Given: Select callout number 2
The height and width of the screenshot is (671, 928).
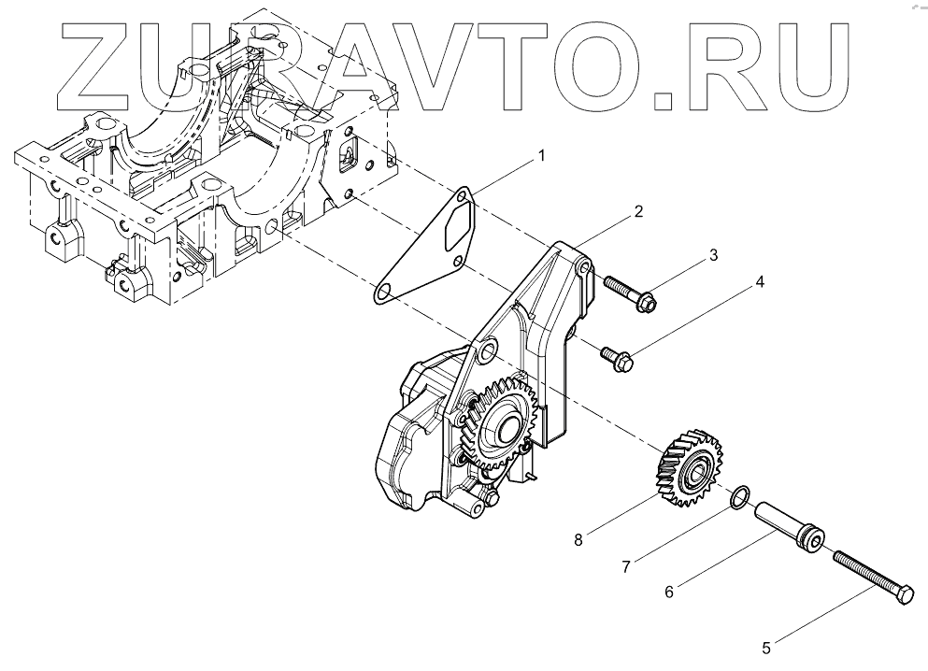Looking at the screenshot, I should [x=637, y=211].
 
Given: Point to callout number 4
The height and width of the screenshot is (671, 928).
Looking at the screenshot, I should [x=760, y=281].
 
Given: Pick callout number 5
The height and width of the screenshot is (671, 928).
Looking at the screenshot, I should [x=765, y=646].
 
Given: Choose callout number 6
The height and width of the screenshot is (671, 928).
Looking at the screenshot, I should [x=668, y=591].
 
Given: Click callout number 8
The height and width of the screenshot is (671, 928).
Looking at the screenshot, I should [x=578, y=538].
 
